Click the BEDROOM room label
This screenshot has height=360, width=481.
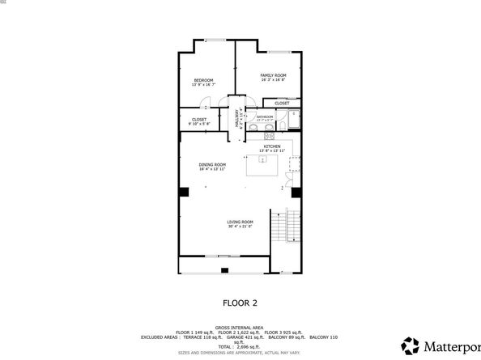tap(203, 80)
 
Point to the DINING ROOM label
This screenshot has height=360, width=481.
tap(212, 165)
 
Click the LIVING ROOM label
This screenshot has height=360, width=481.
tap(240, 222)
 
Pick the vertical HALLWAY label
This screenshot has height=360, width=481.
tap(238, 120)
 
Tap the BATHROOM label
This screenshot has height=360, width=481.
tap(266, 116)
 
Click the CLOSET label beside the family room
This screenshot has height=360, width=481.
tap(282, 104)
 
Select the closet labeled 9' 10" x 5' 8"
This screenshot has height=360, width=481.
tap(199, 121)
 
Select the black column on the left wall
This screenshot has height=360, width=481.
tap(185, 192)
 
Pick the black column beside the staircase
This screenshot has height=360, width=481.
tap(296, 193)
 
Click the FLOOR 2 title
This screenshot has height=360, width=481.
tap(240, 303)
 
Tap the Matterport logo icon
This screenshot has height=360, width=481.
tap(411, 345)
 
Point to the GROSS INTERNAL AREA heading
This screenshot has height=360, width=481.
tap(240, 327)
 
